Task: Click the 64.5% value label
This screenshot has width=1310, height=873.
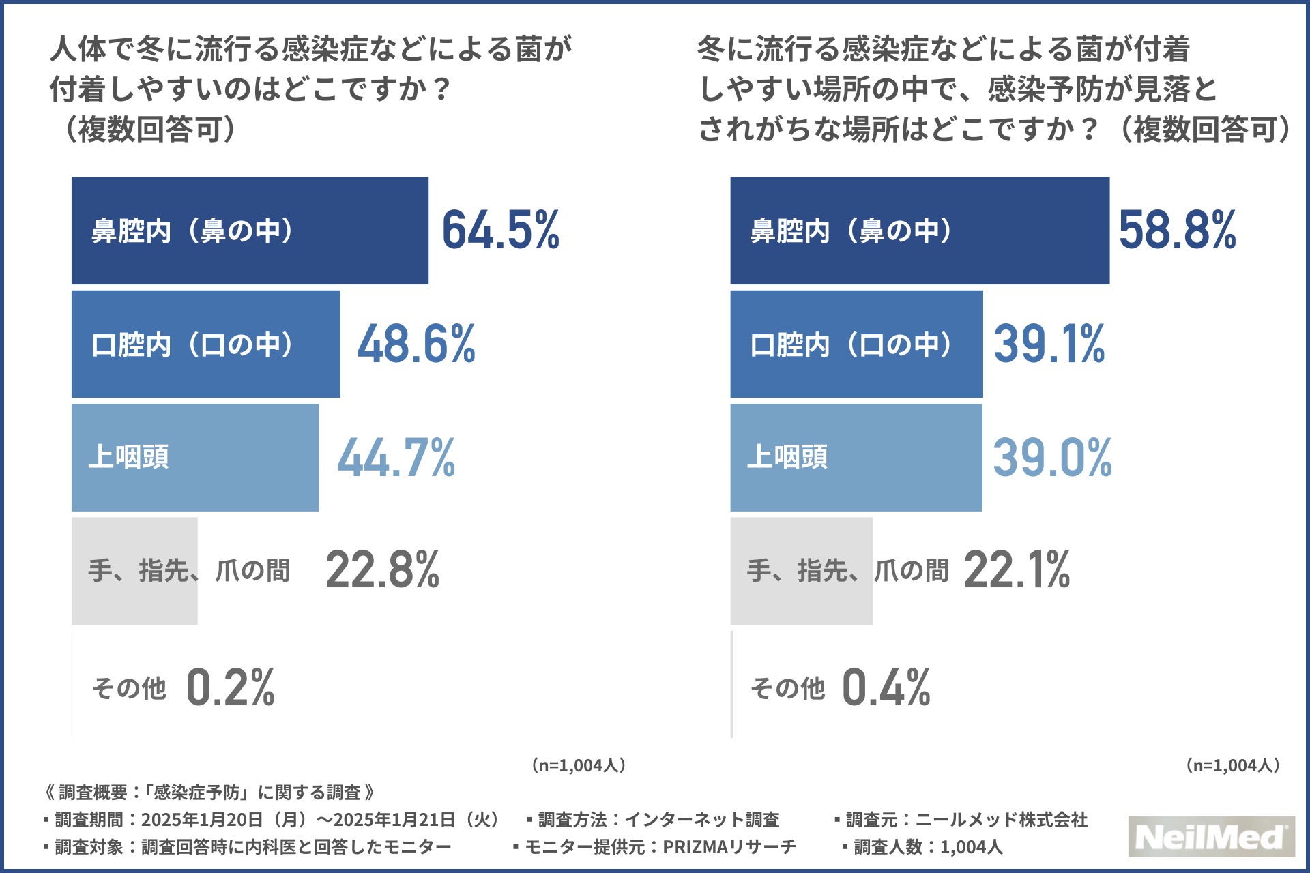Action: coord(500,230)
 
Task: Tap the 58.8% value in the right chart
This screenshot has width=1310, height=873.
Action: coord(1177,230)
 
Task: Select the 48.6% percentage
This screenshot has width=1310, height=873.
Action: coord(416,344)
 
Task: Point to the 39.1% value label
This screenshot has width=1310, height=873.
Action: coord(1049,344)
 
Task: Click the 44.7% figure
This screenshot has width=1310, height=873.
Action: coord(396,458)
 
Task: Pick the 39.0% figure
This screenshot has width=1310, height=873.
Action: coord(1052,458)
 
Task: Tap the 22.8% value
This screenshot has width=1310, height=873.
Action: coord(382,570)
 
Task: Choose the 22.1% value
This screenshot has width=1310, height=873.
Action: coord(1017,570)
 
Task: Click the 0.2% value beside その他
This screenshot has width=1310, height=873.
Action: coord(230,687)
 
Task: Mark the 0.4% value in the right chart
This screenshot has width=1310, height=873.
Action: coord(886,687)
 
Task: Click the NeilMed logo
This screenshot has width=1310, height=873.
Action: coord(1211,837)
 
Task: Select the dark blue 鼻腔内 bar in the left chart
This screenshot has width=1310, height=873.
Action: coord(250,231)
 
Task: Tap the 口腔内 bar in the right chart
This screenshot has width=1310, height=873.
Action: coord(856,344)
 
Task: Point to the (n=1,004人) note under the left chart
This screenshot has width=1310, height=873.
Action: coord(578,765)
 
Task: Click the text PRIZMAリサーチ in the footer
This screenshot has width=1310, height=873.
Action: coord(729,847)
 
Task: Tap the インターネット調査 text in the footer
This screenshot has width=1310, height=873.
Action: coord(702,819)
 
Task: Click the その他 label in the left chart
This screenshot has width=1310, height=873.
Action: coord(129,688)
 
